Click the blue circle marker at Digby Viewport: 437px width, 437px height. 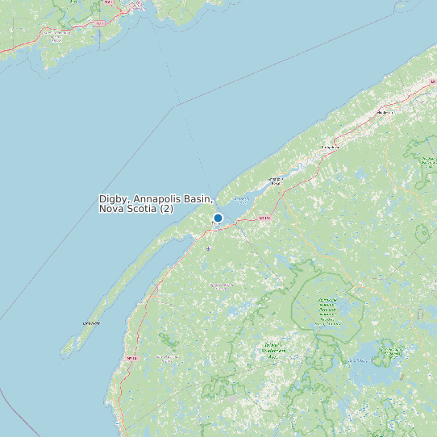pos(218,218)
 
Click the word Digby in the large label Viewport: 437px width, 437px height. pos(114,198)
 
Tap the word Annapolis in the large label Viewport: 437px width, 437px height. pos(160,198)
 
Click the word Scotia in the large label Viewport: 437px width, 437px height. pos(142,209)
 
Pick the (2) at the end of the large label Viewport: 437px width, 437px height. pos(166,209)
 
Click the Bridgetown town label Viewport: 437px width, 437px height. pos(329,148)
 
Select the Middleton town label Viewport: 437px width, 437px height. pos(385,112)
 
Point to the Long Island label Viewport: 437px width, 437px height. pos(91,323)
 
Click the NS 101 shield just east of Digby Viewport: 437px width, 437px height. pos(264,218)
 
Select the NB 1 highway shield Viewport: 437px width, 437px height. pos(100,24)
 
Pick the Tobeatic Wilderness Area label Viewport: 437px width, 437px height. pos(274,349)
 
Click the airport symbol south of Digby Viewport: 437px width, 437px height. pos(208,249)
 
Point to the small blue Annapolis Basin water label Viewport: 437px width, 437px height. pos(240,198)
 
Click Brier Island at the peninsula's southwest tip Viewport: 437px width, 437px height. pos(69,349)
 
